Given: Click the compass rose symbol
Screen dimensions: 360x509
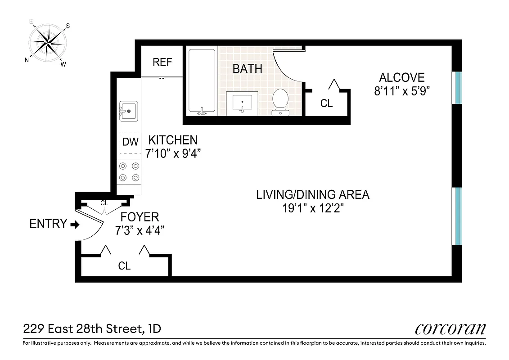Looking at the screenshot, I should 47,43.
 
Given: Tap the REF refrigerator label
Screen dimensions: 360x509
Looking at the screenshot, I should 162,62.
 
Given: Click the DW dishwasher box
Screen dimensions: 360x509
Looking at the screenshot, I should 130,142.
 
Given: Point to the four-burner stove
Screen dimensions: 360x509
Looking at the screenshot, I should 129,172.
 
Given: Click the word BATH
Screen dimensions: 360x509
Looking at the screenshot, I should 247,69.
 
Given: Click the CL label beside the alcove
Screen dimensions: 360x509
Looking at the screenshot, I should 326,103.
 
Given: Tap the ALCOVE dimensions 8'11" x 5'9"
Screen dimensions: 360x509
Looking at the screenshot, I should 402,91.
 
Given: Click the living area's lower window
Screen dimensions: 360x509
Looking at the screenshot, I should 457,216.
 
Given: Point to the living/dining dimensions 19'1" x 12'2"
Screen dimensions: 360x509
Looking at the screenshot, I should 312,208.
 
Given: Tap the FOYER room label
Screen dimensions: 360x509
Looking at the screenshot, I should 140,217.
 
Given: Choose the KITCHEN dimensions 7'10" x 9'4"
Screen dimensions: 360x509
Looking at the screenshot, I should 173,153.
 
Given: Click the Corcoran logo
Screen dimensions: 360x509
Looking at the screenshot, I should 450,329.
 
